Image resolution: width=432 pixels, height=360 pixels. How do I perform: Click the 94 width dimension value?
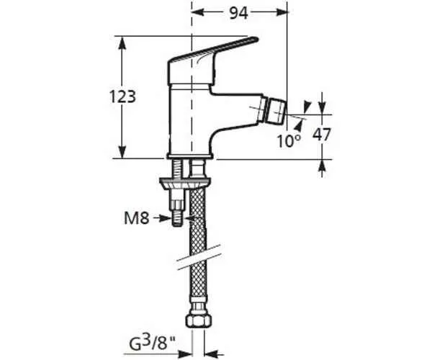pos(239,13)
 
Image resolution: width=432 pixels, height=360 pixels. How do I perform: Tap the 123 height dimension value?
pos(122,96)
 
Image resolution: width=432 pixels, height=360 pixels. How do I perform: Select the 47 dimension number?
pos(321,135)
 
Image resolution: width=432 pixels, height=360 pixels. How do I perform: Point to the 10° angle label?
pos(289,141)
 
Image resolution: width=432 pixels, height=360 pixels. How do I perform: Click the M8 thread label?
pos(136,218)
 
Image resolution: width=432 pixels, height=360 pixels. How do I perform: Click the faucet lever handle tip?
pos(257,40)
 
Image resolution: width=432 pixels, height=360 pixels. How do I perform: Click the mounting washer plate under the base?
pos(185,183)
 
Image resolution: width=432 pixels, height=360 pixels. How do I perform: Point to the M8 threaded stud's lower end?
pos(176,224)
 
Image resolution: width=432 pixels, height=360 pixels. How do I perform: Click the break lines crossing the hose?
pos(199,257)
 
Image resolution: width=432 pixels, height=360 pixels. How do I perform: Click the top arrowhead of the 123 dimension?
pos(122,43)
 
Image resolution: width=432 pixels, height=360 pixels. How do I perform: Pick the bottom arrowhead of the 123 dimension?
pos(122,151)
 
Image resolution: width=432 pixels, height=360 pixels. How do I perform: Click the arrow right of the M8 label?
pos(162,218)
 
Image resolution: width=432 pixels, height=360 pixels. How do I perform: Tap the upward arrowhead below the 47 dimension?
pos(322,166)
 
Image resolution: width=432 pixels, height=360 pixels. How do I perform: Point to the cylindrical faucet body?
pos(191,121)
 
